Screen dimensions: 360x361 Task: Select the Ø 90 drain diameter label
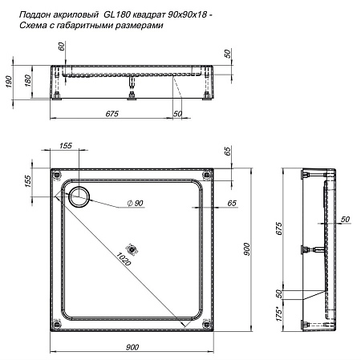(x=135, y=202)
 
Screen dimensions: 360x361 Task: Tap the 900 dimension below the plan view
(x=133, y=346)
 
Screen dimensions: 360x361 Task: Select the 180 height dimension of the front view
(x=27, y=82)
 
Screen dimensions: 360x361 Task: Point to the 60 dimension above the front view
(x=61, y=47)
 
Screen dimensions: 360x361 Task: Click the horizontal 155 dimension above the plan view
(x=66, y=146)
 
